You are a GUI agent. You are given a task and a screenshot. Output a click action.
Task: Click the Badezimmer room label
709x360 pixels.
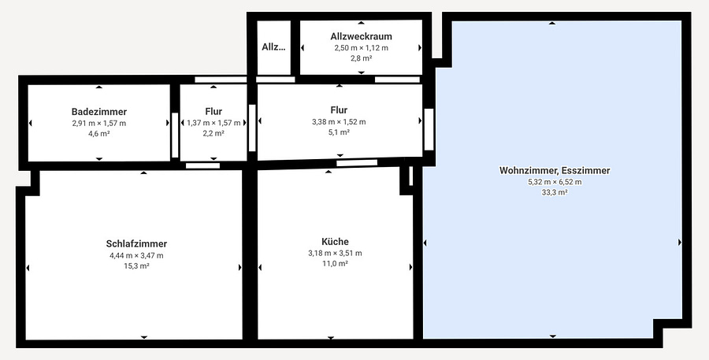[x=99, y=112]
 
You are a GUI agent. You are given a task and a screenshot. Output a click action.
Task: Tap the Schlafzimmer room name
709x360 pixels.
[x=136, y=243]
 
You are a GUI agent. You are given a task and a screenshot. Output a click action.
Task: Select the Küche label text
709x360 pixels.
[x=335, y=242]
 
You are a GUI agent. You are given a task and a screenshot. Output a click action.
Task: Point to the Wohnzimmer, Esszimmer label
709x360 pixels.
[x=555, y=170]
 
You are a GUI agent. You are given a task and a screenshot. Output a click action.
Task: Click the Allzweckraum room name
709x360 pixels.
[x=362, y=36]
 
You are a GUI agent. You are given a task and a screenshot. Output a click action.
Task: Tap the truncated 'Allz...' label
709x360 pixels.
[x=273, y=46]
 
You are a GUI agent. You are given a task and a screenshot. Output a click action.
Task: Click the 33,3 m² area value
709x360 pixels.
[x=555, y=192]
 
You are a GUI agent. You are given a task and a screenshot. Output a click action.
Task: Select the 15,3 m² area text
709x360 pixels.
[x=136, y=266]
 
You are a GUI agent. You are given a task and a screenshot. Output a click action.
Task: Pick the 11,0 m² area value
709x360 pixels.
[x=335, y=264]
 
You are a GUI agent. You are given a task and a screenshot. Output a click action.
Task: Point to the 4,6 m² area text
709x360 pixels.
[x=99, y=133]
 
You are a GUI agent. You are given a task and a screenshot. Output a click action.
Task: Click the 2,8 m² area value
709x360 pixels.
[x=362, y=58]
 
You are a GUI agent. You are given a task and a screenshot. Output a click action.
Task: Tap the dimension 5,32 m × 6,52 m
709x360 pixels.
[x=555, y=182]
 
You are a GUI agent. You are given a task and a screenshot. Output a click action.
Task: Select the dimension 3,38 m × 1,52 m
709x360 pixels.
[x=339, y=121]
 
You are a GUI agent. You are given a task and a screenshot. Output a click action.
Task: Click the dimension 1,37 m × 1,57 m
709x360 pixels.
[x=213, y=123]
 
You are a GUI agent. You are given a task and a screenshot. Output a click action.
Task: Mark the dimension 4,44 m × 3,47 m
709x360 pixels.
[x=136, y=255]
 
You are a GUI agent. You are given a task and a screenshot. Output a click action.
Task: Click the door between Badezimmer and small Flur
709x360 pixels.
[x=175, y=135]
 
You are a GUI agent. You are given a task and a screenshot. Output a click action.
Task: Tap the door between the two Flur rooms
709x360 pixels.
[x=252, y=128]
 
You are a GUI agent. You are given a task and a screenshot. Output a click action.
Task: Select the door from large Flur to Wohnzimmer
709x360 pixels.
[x=429, y=129]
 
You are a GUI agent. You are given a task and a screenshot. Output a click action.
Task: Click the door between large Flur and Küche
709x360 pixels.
[x=357, y=163]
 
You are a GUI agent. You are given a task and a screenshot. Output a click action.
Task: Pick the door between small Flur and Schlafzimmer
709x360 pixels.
[x=202, y=165]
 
